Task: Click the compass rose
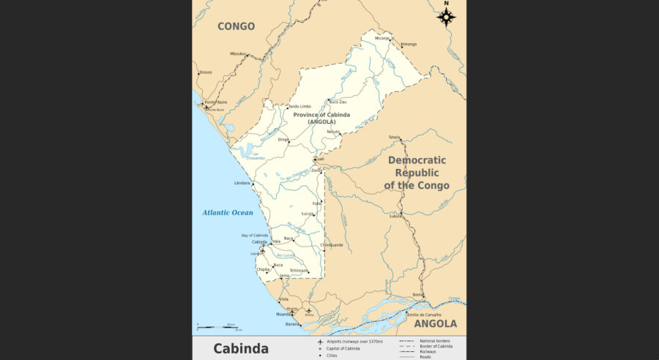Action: pyautogui.click(x=446, y=15)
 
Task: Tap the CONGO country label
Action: pyautogui.click(x=237, y=26)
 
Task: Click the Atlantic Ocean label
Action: pyautogui.click(x=228, y=213)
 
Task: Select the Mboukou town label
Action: pyautogui.click(x=239, y=53)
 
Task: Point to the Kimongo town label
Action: pyautogui.click(x=409, y=44)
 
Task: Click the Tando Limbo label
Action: pyautogui.click(x=299, y=106)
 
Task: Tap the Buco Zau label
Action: pyautogui.click(x=338, y=102)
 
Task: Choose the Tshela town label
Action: pyautogui.click(x=395, y=137)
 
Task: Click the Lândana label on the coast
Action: pyautogui.click(x=242, y=182)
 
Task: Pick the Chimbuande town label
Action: pyautogui.click(x=332, y=245)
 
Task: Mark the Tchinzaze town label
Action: pyautogui.click(x=299, y=270)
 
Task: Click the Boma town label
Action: pyautogui.click(x=418, y=294)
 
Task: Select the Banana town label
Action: pyautogui.click(x=292, y=323)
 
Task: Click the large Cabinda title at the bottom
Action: pyautogui.click(x=241, y=348)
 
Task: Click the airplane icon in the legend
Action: pyautogui.click(x=319, y=342)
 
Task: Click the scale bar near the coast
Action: pyautogui.click(x=216, y=327)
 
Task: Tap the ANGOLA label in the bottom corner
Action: pyautogui.click(x=435, y=323)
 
